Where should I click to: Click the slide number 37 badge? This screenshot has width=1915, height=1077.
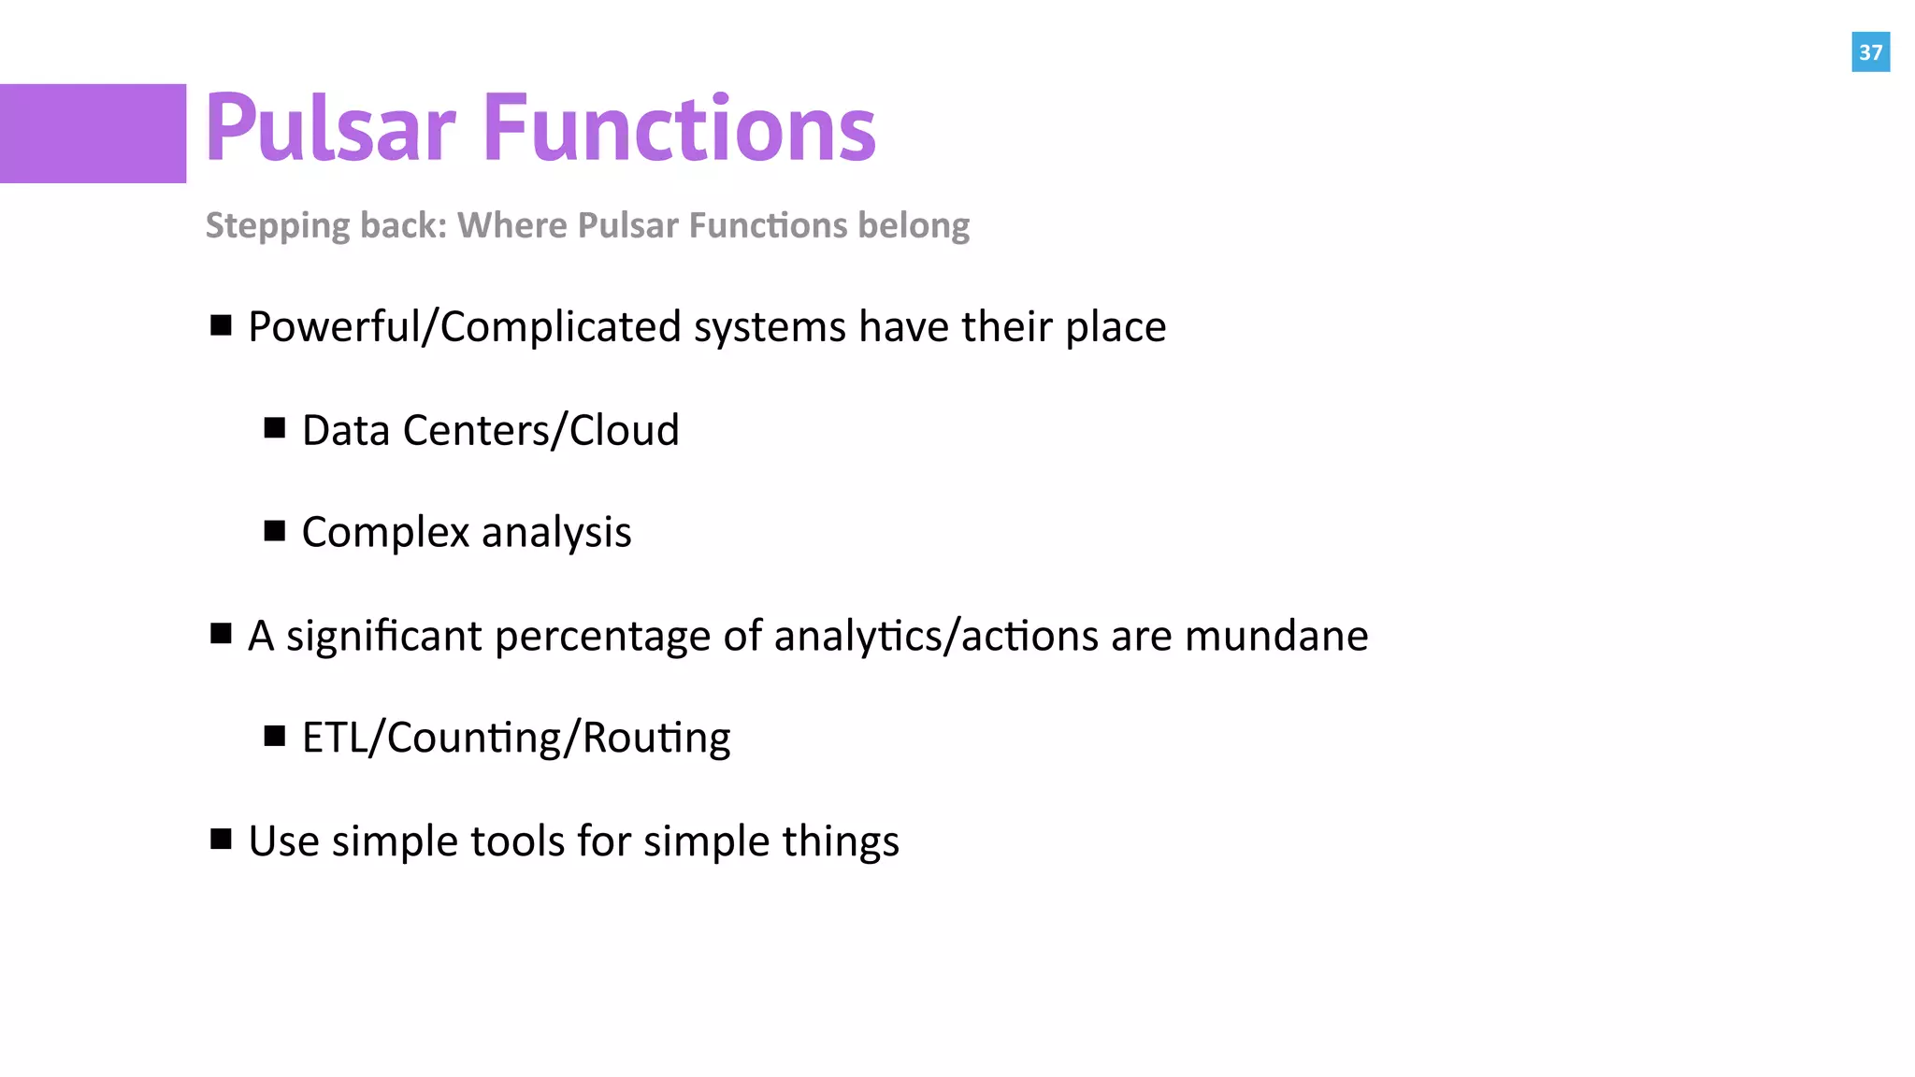[1870, 52]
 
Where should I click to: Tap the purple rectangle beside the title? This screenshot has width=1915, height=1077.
[93, 134]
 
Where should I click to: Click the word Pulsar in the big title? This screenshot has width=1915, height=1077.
[330, 128]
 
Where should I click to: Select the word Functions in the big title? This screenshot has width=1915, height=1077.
[680, 128]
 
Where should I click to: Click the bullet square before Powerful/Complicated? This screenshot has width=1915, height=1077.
[221, 325]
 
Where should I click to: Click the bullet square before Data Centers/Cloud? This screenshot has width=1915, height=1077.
[274, 428]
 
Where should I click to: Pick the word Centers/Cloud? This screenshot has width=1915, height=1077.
[540, 430]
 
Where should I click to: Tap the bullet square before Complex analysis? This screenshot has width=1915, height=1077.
[274, 531]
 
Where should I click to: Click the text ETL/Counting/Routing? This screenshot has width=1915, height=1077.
[516, 739]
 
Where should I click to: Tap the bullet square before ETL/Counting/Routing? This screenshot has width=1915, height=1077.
[274, 737]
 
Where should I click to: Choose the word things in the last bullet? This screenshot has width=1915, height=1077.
[841, 841]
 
